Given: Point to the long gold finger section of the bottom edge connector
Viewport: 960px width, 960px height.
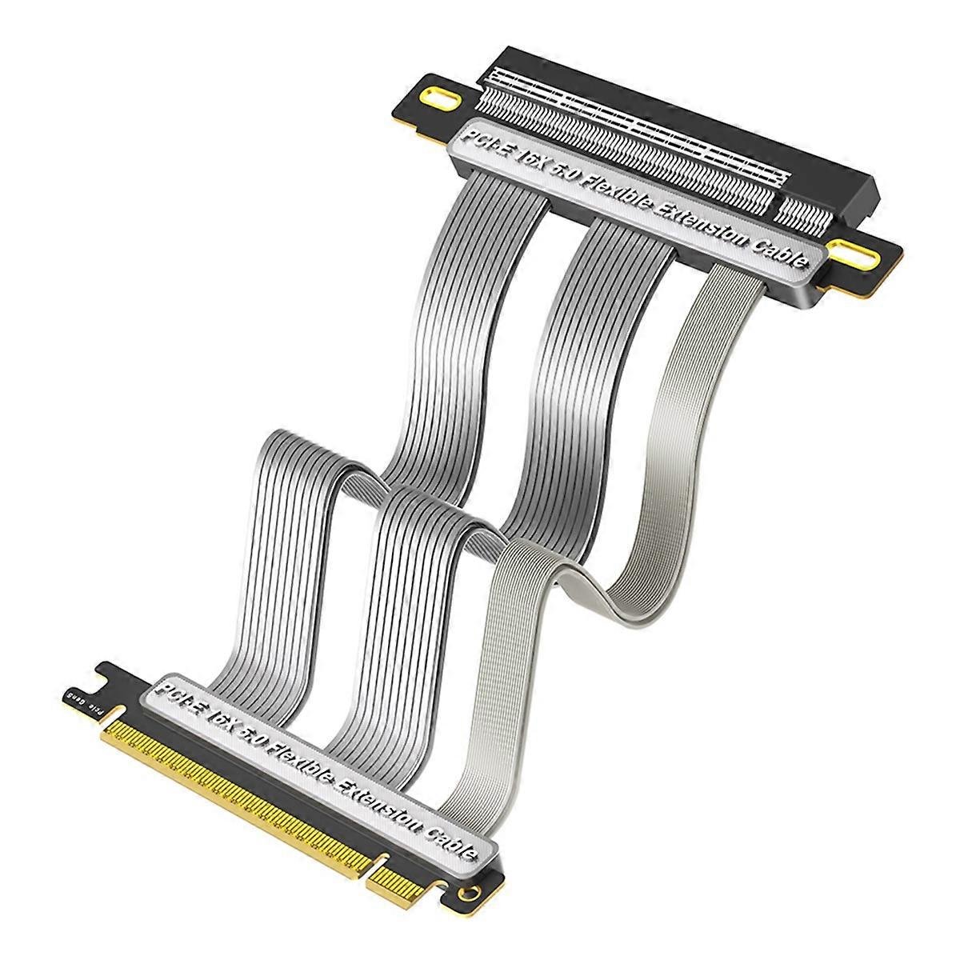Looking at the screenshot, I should pos(232,784).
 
